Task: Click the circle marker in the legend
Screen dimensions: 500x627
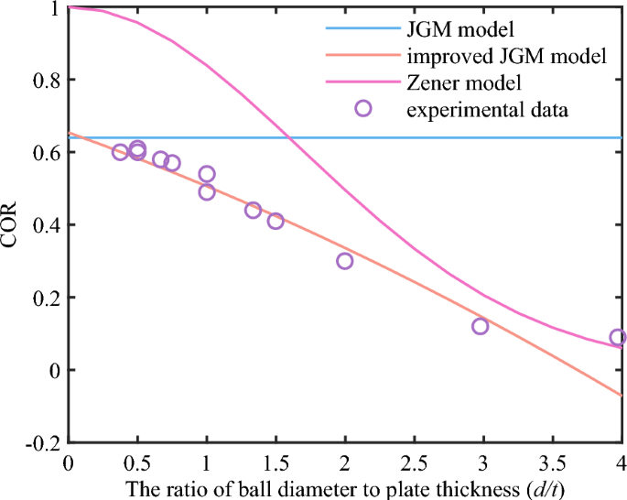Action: coord(362,109)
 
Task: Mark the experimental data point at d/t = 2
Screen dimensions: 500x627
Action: coord(344,261)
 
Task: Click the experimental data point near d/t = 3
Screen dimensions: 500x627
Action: coord(480,326)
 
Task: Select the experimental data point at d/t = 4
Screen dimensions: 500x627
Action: coord(618,337)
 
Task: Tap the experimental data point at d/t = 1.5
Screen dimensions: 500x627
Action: coord(276,221)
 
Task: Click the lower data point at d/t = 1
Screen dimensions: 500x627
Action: coord(207,191)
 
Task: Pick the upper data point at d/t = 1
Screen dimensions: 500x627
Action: coord(207,174)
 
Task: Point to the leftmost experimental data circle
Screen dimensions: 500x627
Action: coord(120,152)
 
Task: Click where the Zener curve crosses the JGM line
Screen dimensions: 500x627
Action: coord(288,137)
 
